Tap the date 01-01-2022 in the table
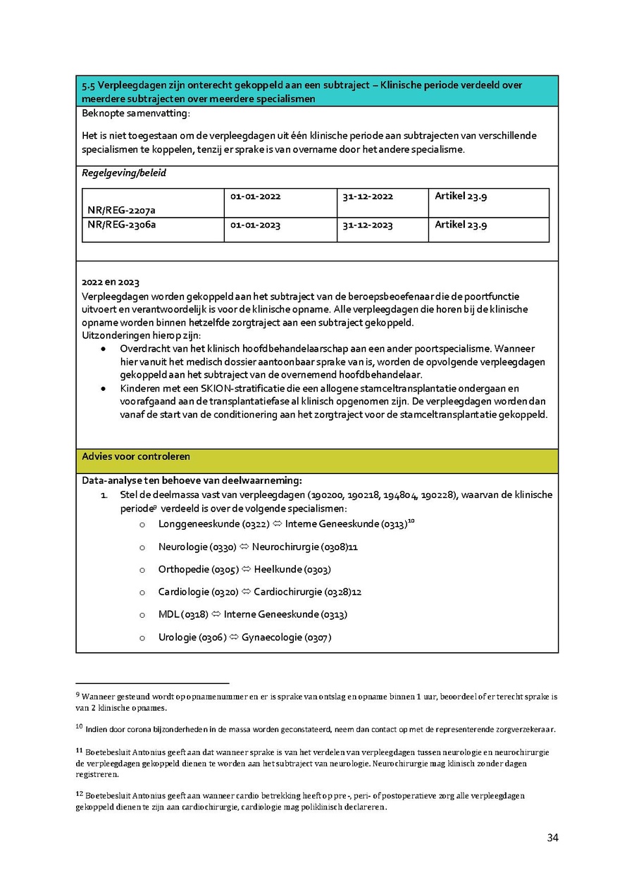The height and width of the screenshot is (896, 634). pyautogui.click(x=255, y=197)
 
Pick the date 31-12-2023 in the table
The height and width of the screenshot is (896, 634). pyautogui.click(x=368, y=225)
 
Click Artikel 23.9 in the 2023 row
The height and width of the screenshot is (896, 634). pyautogui.click(x=461, y=225)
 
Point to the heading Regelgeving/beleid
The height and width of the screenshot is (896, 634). pyautogui.click(x=124, y=173)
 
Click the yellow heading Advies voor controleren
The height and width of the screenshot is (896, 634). pyautogui.click(x=136, y=456)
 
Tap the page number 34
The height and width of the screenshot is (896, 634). pyautogui.click(x=552, y=838)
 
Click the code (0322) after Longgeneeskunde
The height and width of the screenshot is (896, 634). pyautogui.click(x=255, y=524)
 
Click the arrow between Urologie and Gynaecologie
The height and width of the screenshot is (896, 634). pyautogui.click(x=234, y=637)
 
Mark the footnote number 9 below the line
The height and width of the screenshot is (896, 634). pyautogui.click(x=77, y=695)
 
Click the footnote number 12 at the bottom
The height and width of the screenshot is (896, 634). pyautogui.click(x=79, y=794)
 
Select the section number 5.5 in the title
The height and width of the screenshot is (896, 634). pyautogui.click(x=89, y=85)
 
